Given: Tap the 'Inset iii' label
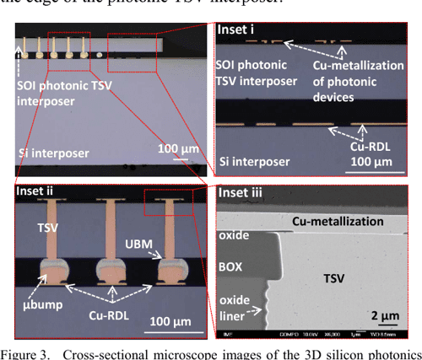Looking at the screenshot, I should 241,192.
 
